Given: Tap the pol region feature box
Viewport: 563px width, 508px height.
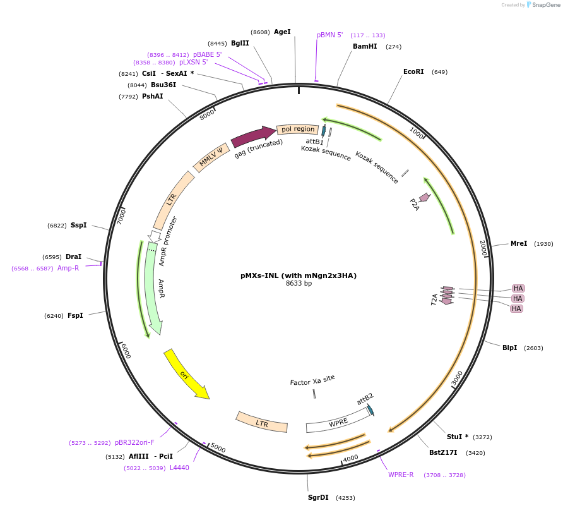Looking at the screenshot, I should (x=297, y=129).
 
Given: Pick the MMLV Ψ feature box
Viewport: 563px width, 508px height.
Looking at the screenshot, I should (x=211, y=158).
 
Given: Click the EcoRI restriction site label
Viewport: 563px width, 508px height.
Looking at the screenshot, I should (x=413, y=71).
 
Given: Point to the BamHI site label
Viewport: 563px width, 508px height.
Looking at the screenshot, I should (x=365, y=46).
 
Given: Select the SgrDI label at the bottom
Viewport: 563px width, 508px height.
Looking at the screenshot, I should (x=318, y=497).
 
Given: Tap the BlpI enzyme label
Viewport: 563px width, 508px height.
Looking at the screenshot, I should (x=509, y=348).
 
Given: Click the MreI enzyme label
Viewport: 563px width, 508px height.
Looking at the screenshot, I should (x=519, y=243).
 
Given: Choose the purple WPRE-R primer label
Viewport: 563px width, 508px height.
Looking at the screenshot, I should (x=401, y=475).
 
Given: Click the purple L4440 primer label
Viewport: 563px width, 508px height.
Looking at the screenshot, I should (x=179, y=468).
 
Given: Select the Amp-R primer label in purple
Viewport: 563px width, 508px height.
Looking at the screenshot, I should (x=68, y=268).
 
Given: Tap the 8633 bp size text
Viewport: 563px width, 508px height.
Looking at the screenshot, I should (x=299, y=283).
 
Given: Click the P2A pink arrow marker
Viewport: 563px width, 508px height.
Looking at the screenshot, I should (x=424, y=198).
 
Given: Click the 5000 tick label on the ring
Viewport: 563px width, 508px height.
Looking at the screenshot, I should (x=218, y=448).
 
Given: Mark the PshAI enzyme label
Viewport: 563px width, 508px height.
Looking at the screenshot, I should (x=153, y=96).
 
